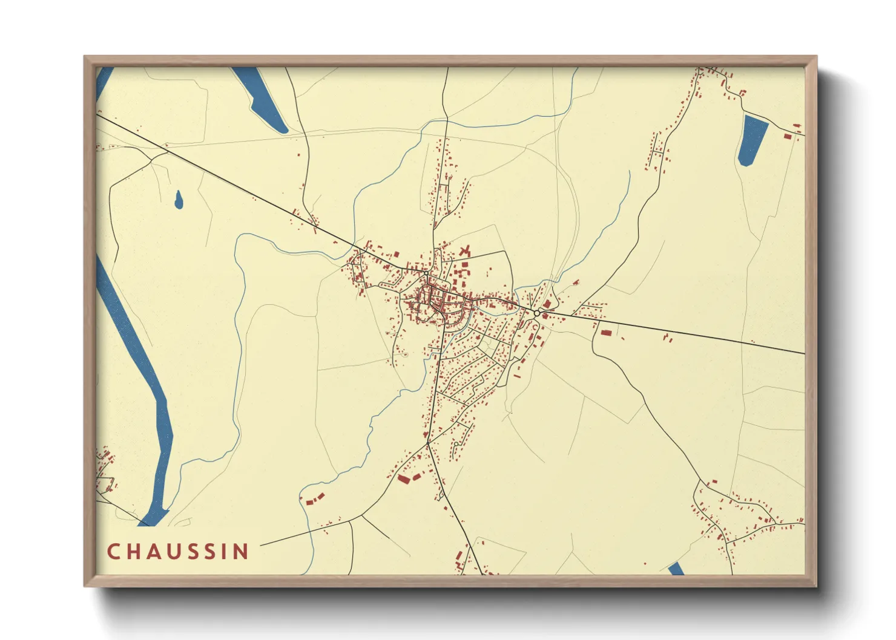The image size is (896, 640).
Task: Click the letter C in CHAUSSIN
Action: (x=113, y=552)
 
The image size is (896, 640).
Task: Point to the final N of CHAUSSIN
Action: (x=242, y=552)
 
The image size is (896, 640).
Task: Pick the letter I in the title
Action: (x=227, y=552)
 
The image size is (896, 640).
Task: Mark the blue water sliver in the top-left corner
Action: (x=104, y=82)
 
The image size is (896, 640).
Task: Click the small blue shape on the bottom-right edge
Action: (x=676, y=569)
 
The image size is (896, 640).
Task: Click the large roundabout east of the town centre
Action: (x=537, y=313)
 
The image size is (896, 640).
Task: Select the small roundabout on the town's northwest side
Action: (x=426, y=273)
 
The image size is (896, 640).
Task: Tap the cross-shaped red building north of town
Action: (x=465, y=250)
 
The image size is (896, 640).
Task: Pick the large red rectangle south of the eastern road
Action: (x=606, y=333)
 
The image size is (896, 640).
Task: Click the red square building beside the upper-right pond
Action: (x=788, y=137)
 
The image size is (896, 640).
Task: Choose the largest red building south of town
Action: (x=404, y=479)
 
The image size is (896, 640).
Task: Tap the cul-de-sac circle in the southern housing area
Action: (x=455, y=444)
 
